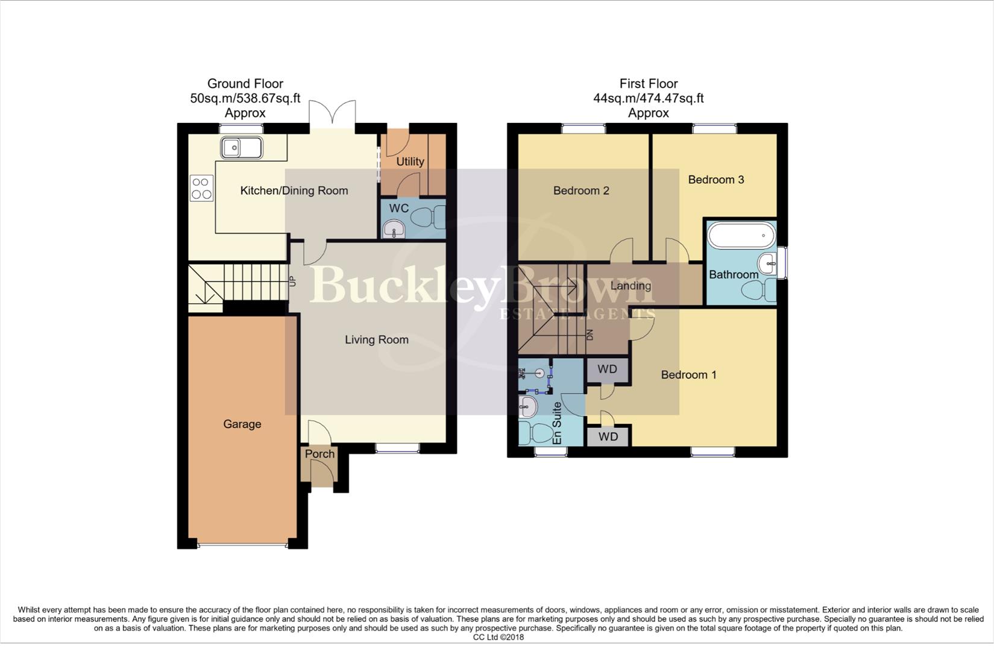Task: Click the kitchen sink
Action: (x=241, y=148)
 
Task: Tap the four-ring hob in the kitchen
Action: (x=201, y=187)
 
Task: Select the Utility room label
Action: (x=410, y=162)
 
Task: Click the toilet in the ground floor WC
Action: (x=431, y=218)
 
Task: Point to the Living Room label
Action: (x=377, y=340)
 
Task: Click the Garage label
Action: (x=242, y=424)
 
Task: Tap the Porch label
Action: (x=319, y=454)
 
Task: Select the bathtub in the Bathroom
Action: (x=741, y=235)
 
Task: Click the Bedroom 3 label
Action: (x=716, y=180)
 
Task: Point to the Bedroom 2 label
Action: (x=581, y=191)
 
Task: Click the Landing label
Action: (x=631, y=286)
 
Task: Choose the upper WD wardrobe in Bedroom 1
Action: (x=607, y=370)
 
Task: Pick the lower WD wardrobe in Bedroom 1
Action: (x=608, y=436)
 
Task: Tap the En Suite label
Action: (x=557, y=423)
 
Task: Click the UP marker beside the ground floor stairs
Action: (x=293, y=281)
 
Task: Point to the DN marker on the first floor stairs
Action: (x=590, y=335)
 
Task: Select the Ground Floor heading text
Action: (x=245, y=84)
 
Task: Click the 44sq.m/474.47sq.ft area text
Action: (x=648, y=98)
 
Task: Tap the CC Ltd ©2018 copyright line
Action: (x=498, y=637)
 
